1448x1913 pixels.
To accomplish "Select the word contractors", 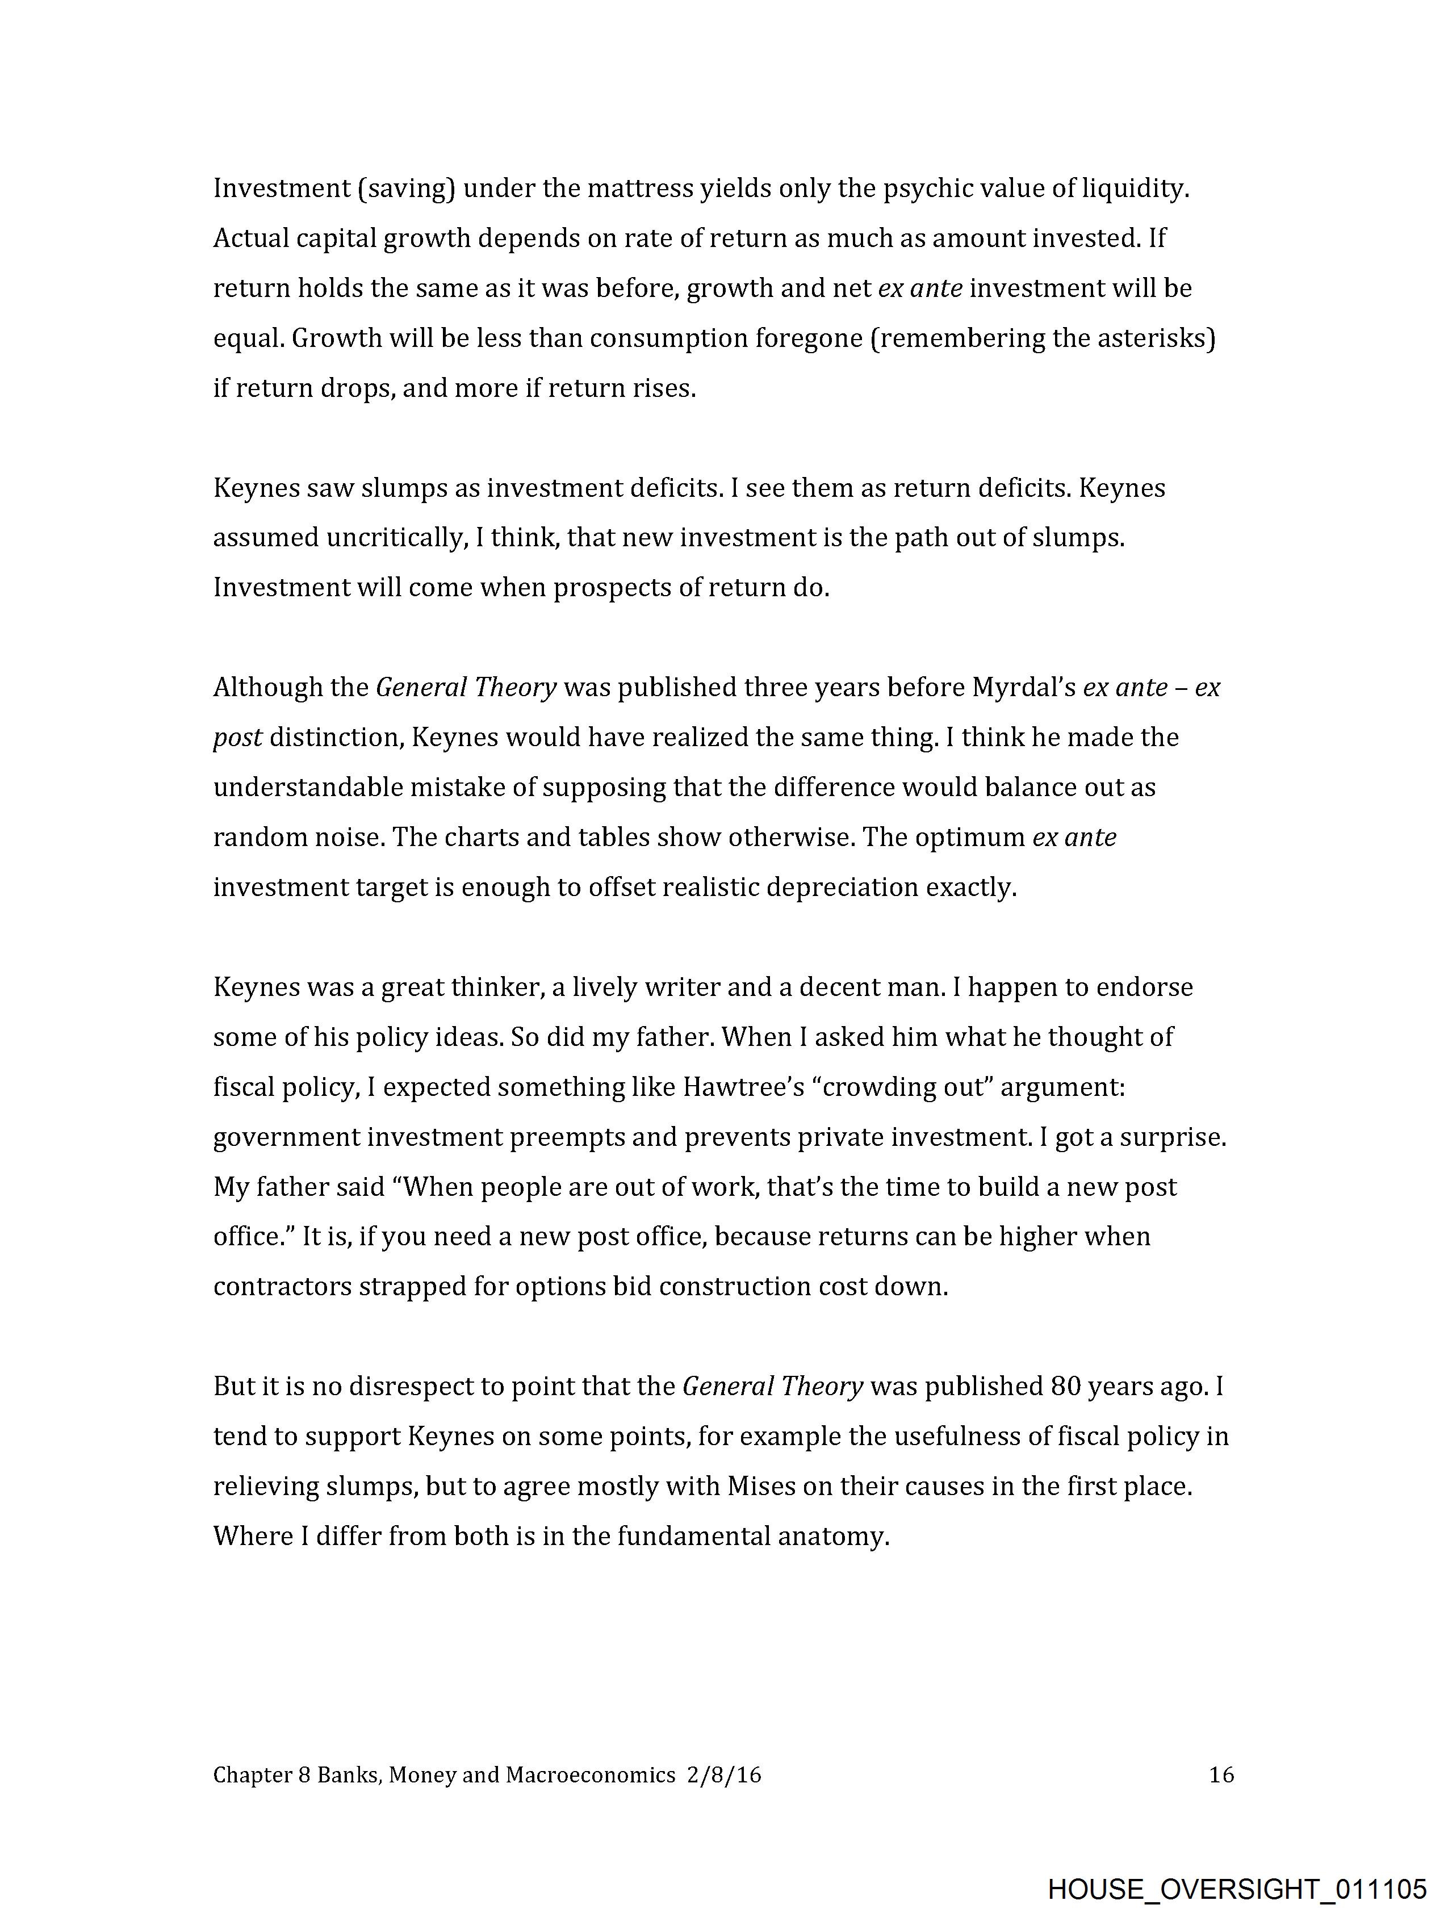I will pyautogui.click(x=282, y=1287).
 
